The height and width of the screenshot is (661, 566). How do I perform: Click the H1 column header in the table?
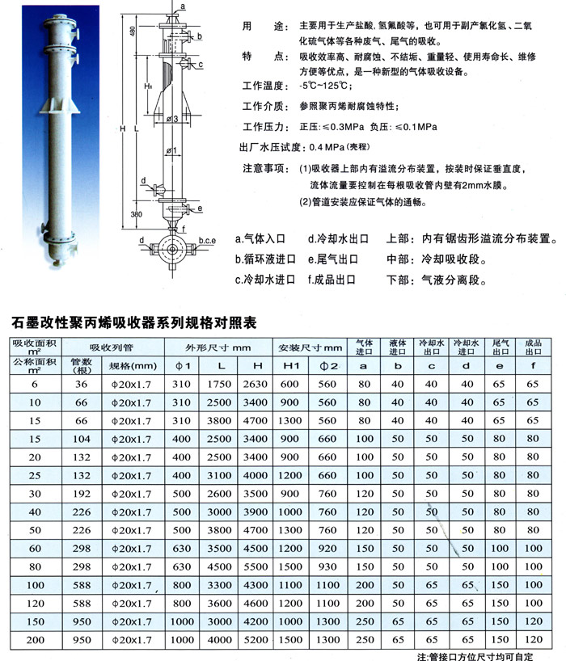click(x=290, y=366)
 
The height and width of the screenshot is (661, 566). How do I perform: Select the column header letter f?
click(x=532, y=366)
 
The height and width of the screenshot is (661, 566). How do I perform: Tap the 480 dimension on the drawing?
click(x=131, y=32)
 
